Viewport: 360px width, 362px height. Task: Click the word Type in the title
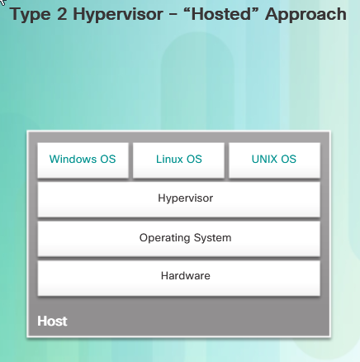click(x=31, y=15)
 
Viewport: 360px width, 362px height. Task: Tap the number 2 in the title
click(x=62, y=14)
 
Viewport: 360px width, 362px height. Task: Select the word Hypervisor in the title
click(x=118, y=15)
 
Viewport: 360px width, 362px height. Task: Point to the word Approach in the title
click(x=306, y=15)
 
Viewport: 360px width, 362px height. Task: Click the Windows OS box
click(x=83, y=160)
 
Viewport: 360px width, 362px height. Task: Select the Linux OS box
click(x=178, y=160)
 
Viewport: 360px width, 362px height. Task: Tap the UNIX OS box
click(x=274, y=160)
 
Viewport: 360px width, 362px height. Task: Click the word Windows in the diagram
click(x=73, y=159)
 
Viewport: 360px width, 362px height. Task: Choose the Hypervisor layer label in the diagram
click(x=186, y=198)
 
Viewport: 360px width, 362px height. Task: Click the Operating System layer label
click(x=186, y=238)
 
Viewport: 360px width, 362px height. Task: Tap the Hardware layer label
click(x=186, y=275)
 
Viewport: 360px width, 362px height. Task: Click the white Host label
click(x=52, y=322)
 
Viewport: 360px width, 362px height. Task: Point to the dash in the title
click(x=173, y=15)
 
